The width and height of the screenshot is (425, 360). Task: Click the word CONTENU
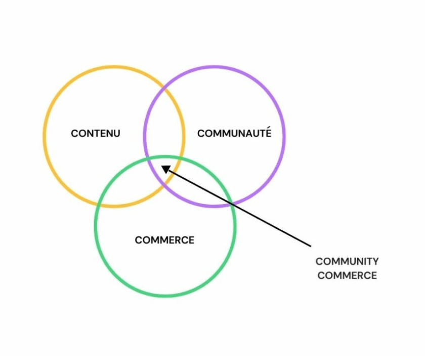(x=96, y=134)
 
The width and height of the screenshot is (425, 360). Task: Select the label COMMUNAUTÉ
(x=234, y=133)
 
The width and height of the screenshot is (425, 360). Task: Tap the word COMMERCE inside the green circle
(x=164, y=240)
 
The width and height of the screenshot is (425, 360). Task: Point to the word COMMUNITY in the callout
(x=347, y=262)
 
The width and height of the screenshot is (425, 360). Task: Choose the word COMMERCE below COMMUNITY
(x=347, y=275)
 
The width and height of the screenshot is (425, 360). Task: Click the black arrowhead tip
(x=161, y=166)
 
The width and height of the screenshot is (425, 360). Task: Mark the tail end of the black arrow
(x=311, y=247)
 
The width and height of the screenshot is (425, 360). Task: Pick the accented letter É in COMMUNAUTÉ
(x=268, y=133)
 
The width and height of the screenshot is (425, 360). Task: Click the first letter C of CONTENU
(x=74, y=134)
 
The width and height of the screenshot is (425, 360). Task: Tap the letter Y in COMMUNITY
(x=375, y=262)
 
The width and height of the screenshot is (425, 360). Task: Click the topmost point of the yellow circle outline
(x=114, y=66)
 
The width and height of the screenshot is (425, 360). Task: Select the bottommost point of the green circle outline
(x=165, y=296)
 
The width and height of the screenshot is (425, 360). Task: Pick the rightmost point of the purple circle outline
(x=284, y=136)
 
